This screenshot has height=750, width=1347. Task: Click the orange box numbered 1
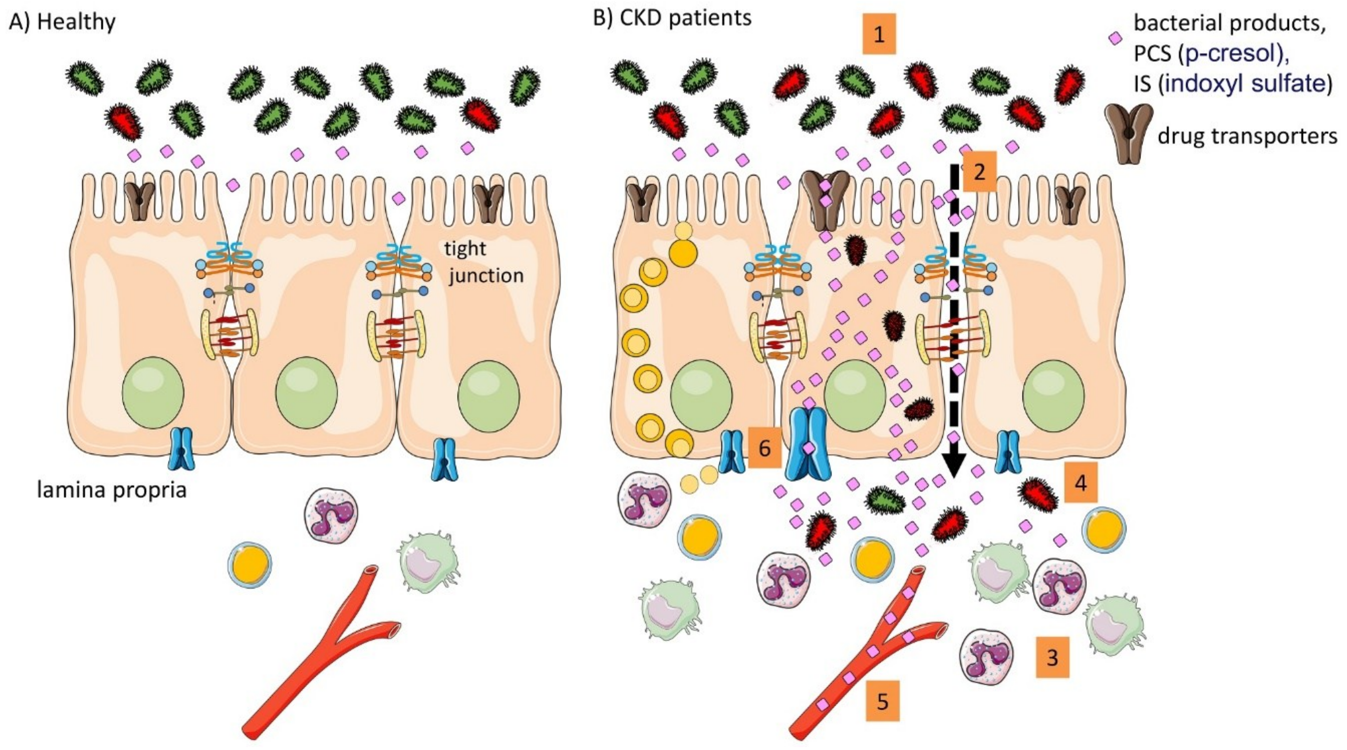879,35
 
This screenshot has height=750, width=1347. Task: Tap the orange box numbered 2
979,171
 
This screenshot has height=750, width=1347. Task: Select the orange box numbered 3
1052,657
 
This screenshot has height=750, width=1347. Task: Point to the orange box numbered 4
1080,482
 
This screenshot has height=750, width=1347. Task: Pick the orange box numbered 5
883,701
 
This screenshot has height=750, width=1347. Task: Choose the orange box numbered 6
765,448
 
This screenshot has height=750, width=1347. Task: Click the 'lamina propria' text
111,490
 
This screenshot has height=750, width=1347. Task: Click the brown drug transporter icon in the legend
1129,133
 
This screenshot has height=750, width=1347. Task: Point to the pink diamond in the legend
1115,38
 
